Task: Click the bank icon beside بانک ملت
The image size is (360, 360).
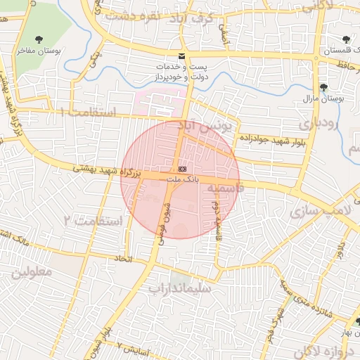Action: coord(182,169)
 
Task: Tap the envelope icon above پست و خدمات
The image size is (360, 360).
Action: coord(182,56)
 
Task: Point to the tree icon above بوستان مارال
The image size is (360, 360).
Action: coord(323,87)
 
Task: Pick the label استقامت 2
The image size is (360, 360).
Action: coord(93,221)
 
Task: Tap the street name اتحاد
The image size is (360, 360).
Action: coord(124,259)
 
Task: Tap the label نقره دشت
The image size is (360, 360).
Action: coord(127,14)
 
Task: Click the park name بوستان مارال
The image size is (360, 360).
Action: coord(323,98)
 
